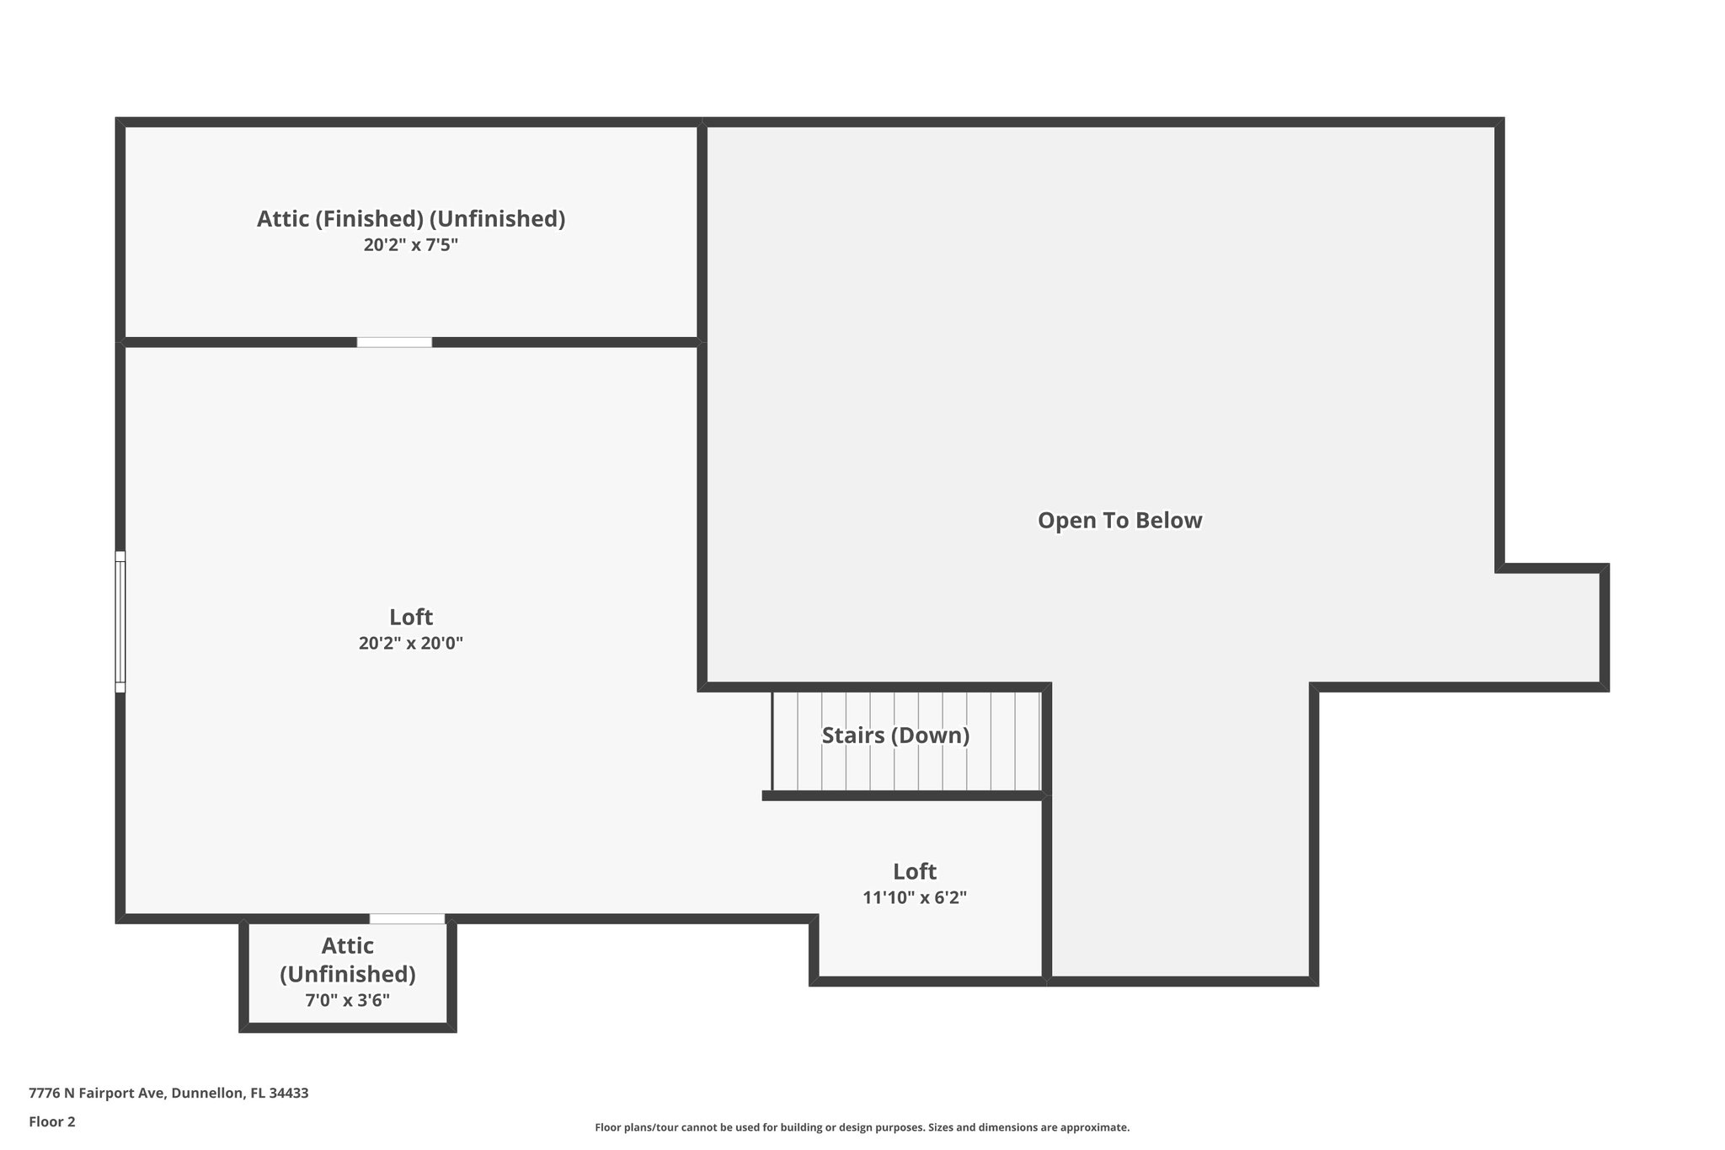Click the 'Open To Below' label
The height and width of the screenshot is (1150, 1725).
click(1119, 521)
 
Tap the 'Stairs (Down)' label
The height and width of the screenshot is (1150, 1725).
click(895, 735)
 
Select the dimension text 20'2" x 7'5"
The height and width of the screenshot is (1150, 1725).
click(411, 245)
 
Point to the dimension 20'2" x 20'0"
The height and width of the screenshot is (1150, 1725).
click(411, 644)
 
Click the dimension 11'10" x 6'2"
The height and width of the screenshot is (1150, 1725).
click(915, 898)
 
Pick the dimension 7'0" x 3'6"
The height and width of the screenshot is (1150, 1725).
click(347, 1001)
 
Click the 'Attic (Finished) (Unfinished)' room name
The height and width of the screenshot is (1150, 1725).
click(411, 219)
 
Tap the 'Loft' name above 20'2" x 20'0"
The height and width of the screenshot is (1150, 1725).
click(411, 617)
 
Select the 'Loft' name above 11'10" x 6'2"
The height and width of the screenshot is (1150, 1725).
click(915, 871)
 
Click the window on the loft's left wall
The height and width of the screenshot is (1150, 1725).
click(120, 622)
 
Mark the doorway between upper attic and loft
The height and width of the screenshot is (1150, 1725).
click(394, 342)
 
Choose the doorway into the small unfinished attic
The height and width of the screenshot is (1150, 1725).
click(407, 918)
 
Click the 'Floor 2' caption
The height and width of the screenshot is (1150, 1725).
click(52, 1121)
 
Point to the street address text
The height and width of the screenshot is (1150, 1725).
click(168, 1093)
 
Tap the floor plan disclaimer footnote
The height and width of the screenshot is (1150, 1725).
click(862, 1127)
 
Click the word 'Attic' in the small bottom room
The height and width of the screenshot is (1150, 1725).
click(347, 946)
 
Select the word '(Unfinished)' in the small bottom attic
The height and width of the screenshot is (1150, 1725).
click(347, 974)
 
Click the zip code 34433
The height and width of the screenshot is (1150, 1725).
click(290, 1093)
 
